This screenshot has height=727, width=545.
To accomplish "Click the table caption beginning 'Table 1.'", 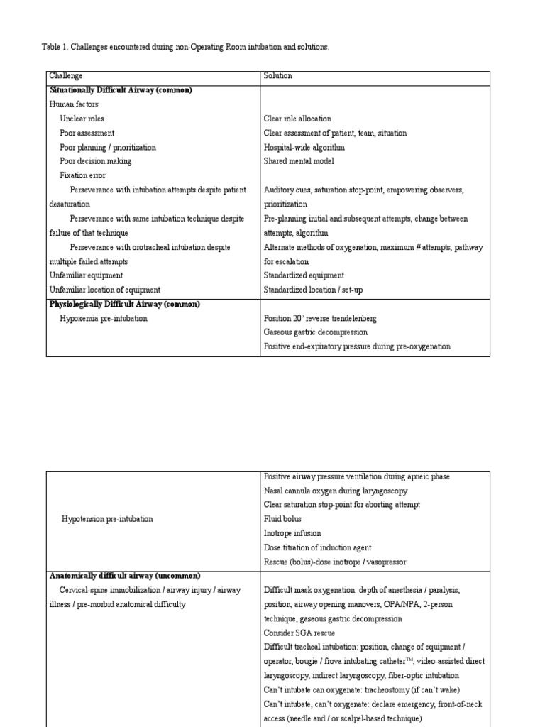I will pos(185,47).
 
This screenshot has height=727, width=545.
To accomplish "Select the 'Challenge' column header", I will pos(66,76).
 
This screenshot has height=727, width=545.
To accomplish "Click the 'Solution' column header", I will pos(277,76).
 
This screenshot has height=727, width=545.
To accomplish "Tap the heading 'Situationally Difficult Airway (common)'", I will pos(121,90).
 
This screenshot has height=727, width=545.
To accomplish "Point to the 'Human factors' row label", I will pos(74,104).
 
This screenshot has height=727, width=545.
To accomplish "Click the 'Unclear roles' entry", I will pos(82,119).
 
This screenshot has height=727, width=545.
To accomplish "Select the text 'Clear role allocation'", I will pos(297,119).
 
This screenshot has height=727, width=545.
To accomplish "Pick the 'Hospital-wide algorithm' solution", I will pos(304,147).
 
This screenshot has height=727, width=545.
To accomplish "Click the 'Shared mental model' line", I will pos(298,161).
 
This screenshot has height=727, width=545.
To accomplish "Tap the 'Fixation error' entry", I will pos(82,175).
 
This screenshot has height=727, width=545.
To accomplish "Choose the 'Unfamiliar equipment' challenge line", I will pos(86,275).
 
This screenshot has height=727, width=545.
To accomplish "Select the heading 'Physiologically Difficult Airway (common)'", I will pos(124,304).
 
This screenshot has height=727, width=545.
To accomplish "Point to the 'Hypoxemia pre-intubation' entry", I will pos(104,319).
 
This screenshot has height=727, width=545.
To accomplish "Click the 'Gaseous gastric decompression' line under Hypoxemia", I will pos(316,332).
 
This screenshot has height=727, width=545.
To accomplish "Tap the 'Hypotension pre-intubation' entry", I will pos(107,519).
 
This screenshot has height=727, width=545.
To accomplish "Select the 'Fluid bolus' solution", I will pos(282,519).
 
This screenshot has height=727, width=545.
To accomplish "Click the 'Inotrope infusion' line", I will pos(292,533).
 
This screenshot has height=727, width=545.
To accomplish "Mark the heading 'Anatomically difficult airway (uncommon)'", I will pos(125,576).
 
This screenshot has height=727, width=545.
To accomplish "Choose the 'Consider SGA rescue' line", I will pos(299,633).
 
